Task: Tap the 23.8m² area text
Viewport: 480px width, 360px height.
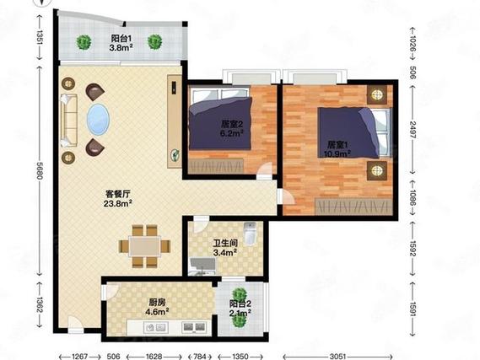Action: pyautogui.click(x=118, y=203)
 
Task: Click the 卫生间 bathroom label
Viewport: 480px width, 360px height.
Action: pyautogui.click(x=225, y=244)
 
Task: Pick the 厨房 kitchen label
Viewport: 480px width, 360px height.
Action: pyautogui.click(x=158, y=303)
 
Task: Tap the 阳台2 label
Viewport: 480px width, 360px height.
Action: pyautogui.click(x=240, y=304)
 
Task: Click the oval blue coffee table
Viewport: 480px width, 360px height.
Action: pyautogui.click(x=98, y=120)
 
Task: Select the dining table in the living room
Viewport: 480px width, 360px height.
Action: pyautogui.click(x=144, y=246)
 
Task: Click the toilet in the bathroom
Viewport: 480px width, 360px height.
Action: pyautogui.click(x=250, y=233)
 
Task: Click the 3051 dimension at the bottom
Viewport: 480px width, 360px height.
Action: pyautogui.click(x=338, y=357)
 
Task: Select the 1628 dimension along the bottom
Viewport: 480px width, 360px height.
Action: pyautogui.click(x=154, y=357)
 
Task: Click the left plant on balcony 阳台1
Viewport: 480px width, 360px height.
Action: pyautogui.click(x=84, y=42)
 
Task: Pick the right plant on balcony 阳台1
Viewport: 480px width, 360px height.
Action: pyautogui.click(x=155, y=42)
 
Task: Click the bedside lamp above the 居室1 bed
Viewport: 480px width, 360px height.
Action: pyautogui.click(x=377, y=94)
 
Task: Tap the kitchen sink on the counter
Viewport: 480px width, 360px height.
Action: pyautogui.click(x=156, y=328)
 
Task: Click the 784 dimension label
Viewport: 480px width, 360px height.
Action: pyautogui.click(x=200, y=357)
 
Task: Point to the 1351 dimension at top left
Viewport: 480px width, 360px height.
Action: pyautogui.click(x=40, y=37)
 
